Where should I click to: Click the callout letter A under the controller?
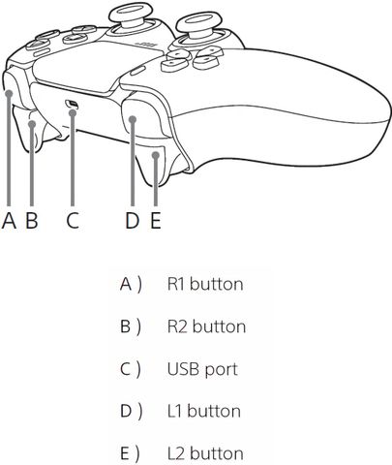point(9,221)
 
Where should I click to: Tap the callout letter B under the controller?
point(32,221)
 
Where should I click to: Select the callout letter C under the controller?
point(73,221)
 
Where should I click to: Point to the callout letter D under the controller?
point(133,221)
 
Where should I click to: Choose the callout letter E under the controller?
point(156,221)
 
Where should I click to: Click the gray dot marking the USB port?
point(73,112)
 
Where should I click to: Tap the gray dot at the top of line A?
point(9,94)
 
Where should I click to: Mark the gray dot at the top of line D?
point(133,119)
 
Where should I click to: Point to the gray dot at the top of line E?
point(156,156)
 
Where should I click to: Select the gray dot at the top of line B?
point(32,124)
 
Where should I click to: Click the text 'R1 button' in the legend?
point(205,284)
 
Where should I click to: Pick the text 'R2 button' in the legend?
point(206,326)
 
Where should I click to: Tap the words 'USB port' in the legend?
point(202,369)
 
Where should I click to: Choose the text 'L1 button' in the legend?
point(204,411)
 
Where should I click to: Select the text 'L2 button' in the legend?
point(205,453)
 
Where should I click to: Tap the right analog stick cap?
point(197,23)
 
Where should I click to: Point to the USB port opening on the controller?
point(72,104)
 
